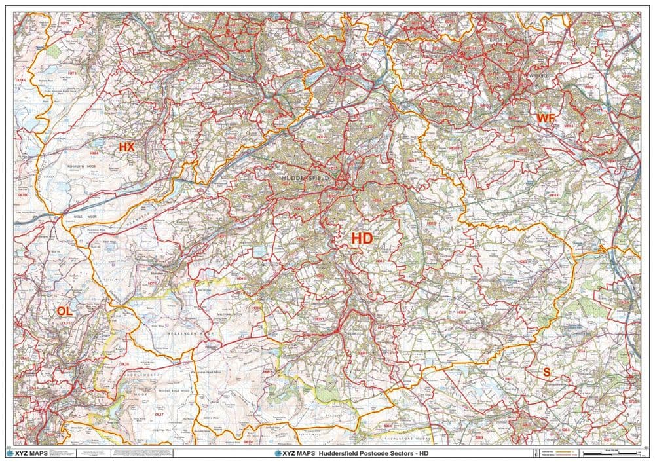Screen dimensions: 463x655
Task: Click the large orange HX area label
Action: coord(126,147)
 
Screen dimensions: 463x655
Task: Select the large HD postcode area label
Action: coord(362,238)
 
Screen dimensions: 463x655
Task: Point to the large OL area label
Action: coord(65,310)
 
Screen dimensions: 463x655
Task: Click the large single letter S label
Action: coord(546,371)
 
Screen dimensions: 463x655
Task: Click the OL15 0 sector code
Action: coord(24,195)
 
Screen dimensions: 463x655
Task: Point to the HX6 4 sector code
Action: coord(94,153)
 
